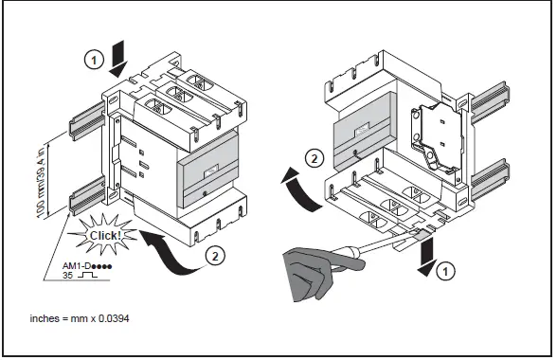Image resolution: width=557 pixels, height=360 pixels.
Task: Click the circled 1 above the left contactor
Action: [x=93, y=59]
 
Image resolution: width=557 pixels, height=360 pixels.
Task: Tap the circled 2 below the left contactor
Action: [x=217, y=254]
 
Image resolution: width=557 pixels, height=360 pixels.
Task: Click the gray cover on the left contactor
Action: [x=209, y=174]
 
